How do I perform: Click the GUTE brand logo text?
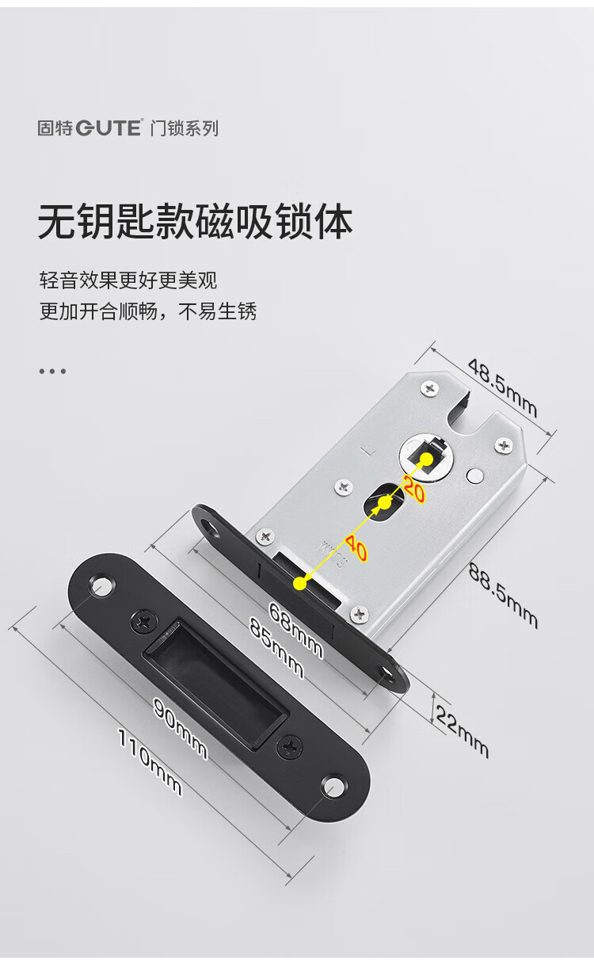109,128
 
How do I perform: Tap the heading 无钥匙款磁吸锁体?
196,222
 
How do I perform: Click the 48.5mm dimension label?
502,387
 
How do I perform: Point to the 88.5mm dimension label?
503,596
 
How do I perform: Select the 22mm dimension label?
462,730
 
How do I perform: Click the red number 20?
414,488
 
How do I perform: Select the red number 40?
356,548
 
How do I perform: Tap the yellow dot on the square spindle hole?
426,459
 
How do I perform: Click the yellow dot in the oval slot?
384,502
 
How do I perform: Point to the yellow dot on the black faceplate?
300,583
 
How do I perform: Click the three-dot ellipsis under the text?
52,371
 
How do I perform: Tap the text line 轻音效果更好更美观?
128,280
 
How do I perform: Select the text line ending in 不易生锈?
148,311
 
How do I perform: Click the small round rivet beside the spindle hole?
475,475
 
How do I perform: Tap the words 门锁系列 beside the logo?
185,128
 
